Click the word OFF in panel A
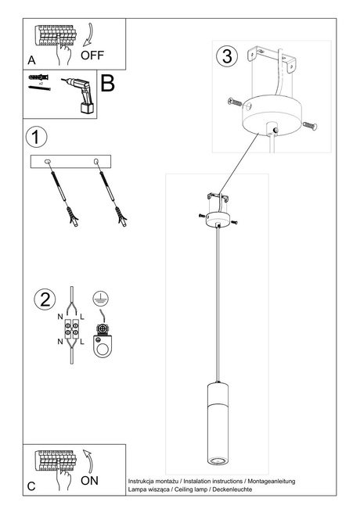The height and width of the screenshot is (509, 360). pyautogui.click(x=93, y=55)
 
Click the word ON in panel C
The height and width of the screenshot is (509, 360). pyautogui.click(x=89, y=481)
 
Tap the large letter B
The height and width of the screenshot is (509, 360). pyautogui.click(x=107, y=85)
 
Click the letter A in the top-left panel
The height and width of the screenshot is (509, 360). pyautogui.click(x=31, y=59)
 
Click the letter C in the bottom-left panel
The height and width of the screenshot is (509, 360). pyautogui.click(x=31, y=486)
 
